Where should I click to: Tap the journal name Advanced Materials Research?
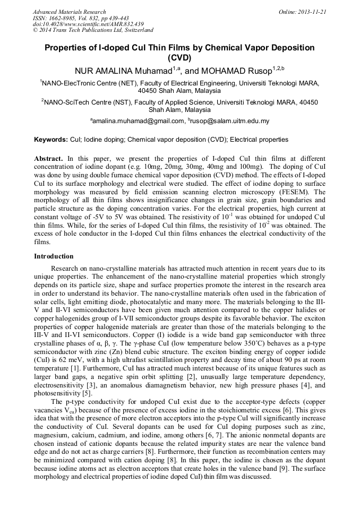[x=69, y=12]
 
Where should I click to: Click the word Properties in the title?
[x=65, y=48]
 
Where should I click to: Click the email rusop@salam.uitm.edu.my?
[x=230, y=121]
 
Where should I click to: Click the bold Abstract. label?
[x=49, y=159]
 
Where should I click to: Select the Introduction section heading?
[x=54, y=256]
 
